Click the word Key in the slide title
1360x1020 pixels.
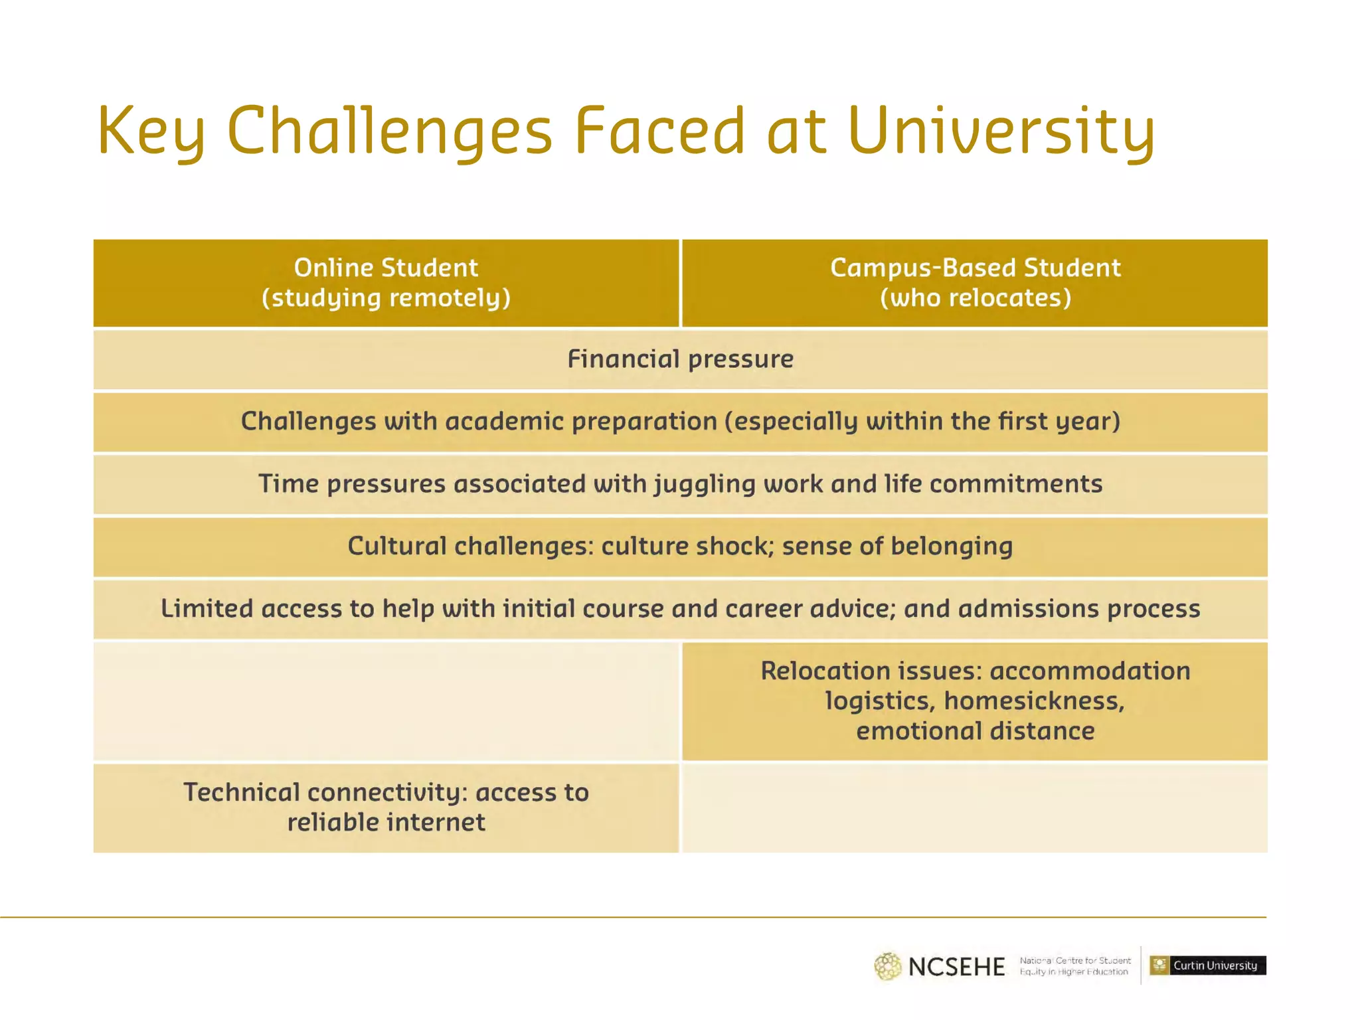151,131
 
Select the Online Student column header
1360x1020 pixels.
386,268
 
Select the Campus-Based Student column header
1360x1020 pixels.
975,268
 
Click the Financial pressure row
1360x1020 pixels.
680,359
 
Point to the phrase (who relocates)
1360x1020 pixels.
975,298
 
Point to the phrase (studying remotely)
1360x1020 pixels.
386,298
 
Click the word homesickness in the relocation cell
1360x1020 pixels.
1033,701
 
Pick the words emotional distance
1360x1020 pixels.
975,731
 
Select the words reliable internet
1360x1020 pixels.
386,823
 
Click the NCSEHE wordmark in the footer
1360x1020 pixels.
956,967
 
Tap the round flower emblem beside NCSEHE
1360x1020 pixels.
887,966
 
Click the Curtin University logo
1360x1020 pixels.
1207,966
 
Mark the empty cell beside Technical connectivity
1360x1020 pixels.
975,808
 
